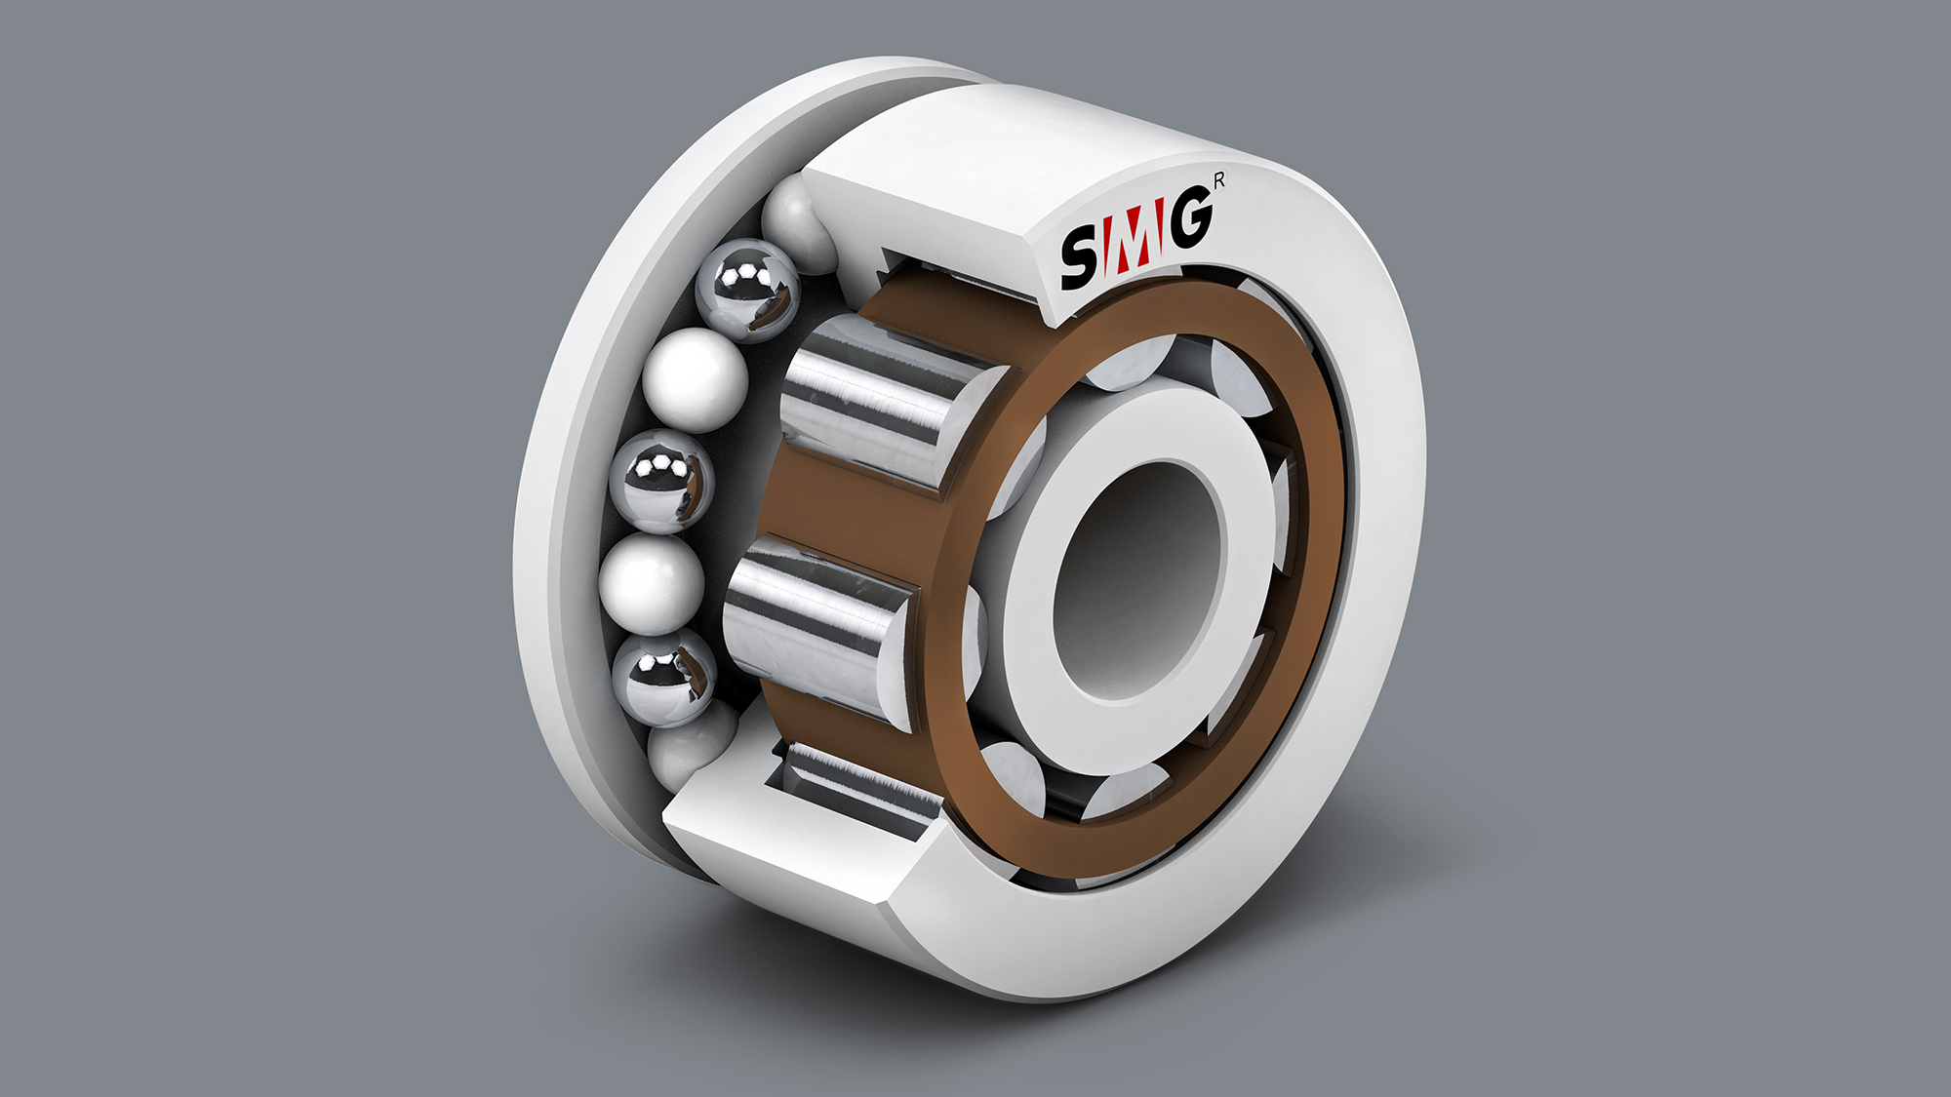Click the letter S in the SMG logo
click(x=1081, y=257)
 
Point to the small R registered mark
click(x=1219, y=180)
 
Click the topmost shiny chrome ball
click(x=748, y=290)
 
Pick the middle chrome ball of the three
click(x=661, y=481)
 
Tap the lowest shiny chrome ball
click(x=665, y=677)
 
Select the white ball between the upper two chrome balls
click(x=695, y=380)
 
